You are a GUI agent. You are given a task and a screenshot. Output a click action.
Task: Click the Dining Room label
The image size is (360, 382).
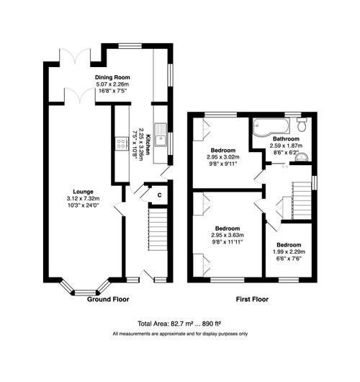(x=111, y=75)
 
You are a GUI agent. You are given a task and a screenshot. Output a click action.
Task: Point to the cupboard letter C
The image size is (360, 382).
(x=160, y=193)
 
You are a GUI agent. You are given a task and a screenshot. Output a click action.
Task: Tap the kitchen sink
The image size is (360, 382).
(x=162, y=140)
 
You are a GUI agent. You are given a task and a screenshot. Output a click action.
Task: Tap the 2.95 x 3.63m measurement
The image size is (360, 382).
(x=228, y=234)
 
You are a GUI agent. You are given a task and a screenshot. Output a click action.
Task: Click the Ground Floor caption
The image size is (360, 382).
(x=109, y=298)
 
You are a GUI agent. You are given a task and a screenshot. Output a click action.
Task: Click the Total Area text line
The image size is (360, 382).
(x=179, y=324)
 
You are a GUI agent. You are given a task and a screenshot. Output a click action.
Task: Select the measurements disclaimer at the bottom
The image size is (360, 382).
(x=179, y=334)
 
